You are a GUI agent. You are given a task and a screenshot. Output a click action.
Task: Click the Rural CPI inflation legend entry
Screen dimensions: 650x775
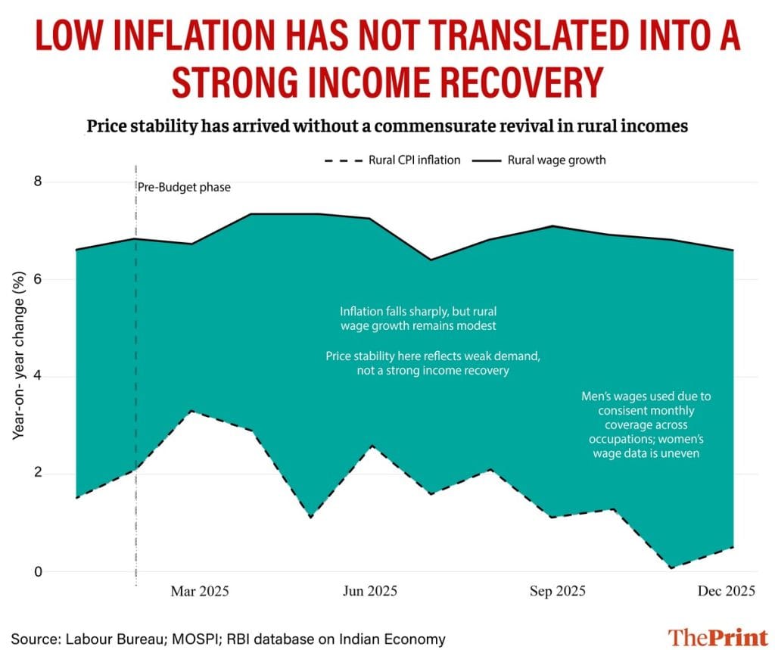[393, 160]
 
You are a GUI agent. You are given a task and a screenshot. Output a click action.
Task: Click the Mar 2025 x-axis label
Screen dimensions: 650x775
[201, 591]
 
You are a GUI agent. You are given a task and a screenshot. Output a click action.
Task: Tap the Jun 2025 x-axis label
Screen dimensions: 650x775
[369, 591]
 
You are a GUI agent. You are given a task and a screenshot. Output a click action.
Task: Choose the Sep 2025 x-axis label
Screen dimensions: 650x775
[556, 591]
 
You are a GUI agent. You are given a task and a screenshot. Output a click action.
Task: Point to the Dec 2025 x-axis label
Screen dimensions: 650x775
[726, 591]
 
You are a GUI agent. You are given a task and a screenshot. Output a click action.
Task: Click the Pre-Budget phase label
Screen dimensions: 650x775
[184, 187]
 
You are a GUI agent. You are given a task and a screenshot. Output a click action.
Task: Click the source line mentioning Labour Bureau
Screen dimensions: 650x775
[228, 638]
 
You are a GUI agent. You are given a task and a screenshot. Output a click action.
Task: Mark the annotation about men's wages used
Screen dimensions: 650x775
[646, 425]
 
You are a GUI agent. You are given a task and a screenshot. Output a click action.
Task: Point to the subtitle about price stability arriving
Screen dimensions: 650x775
[387, 126]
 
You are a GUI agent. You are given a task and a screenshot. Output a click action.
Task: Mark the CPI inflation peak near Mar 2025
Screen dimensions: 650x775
[192, 411]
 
